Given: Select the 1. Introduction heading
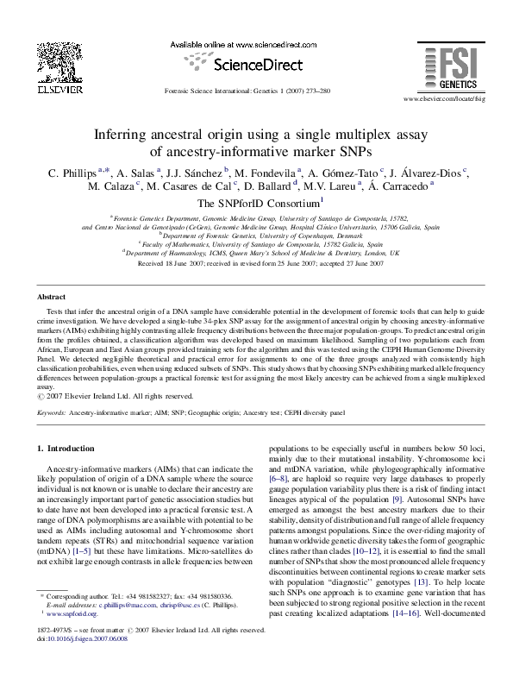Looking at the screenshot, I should [x=68, y=449].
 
